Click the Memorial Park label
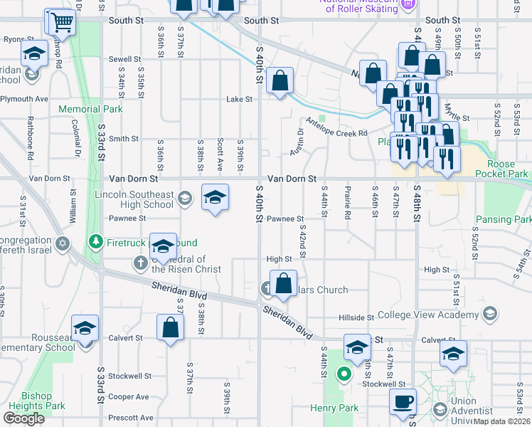tap(91, 110)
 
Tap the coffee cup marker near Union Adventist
tap(403, 401)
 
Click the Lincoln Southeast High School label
tap(134, 199)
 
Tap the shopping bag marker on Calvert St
tap(170, 328)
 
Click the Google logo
tap(23, 418)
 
